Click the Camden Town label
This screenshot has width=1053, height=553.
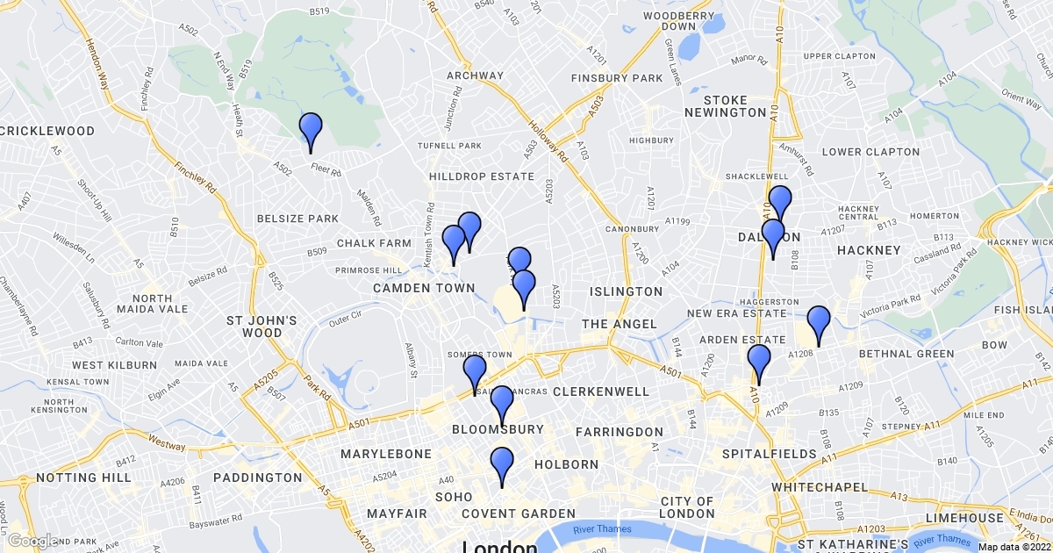tap(424, 288)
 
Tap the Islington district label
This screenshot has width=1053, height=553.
tap(626, 291)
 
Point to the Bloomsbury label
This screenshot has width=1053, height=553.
tap(498, 429)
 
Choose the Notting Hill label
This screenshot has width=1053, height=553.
tap(84, 478)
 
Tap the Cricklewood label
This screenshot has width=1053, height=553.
tap(47, 131)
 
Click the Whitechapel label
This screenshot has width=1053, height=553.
tap(820, 486)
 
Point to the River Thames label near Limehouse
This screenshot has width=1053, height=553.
tap(942, 539)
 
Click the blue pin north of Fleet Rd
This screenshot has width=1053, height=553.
tap(311, 132)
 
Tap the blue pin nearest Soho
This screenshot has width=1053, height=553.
tap(502, 465)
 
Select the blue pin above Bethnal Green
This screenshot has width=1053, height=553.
tap(819, 324)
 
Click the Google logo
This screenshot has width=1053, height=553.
tap(33, 541)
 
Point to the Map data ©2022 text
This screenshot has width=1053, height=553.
tap(1014, 546)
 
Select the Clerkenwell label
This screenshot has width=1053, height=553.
tap(601, 391)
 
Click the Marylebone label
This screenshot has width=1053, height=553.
tap(386, 454)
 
